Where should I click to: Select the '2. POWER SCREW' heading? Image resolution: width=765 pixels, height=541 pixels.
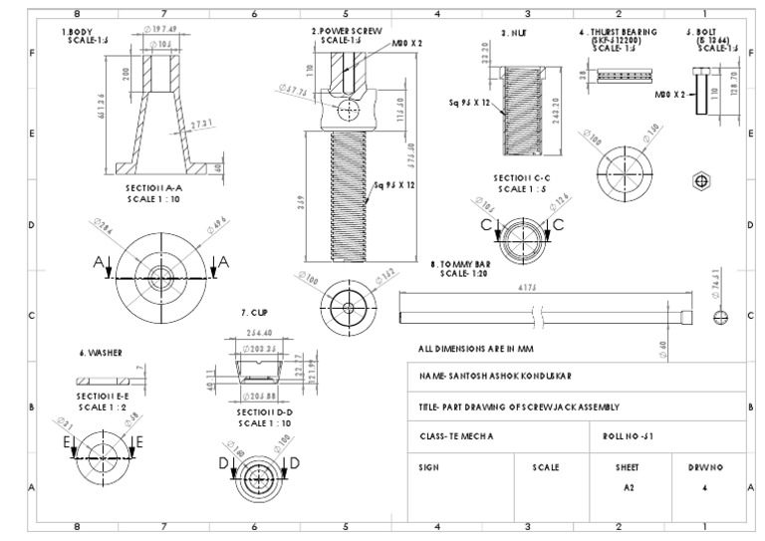[x=346, y=31]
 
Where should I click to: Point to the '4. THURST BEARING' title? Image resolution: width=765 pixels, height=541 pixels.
[x=617, y=32]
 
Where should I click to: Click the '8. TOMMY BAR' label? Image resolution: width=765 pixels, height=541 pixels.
[x=460, y=265]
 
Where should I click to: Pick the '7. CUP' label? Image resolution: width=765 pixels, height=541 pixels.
[x=257, y=312]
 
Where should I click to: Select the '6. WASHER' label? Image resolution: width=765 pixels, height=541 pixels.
[x=101, y=353]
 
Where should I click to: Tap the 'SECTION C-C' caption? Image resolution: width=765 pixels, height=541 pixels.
[x=522, y=177]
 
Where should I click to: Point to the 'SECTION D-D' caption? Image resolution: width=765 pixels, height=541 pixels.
[x=264, y=410]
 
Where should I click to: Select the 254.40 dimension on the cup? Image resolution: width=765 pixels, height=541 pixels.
[x=258, y=333]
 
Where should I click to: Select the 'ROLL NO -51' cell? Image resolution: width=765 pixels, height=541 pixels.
[x=629, y=436]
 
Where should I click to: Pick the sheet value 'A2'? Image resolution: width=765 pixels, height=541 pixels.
[x=628, y=488]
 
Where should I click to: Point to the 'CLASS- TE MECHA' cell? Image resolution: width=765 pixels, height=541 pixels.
[x=456, y=436]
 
